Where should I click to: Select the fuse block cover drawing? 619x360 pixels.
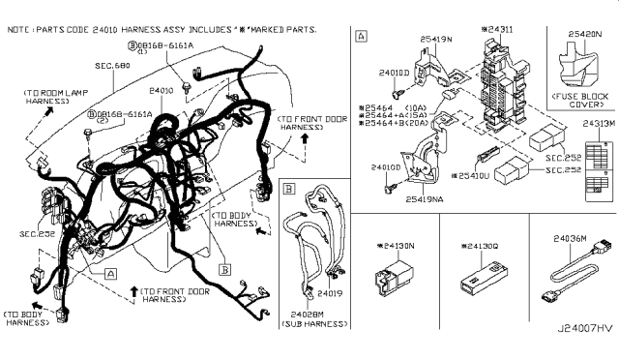(576, 65)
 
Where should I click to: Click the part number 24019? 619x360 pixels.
(331, 291)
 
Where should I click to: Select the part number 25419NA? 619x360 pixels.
(427, 197)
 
